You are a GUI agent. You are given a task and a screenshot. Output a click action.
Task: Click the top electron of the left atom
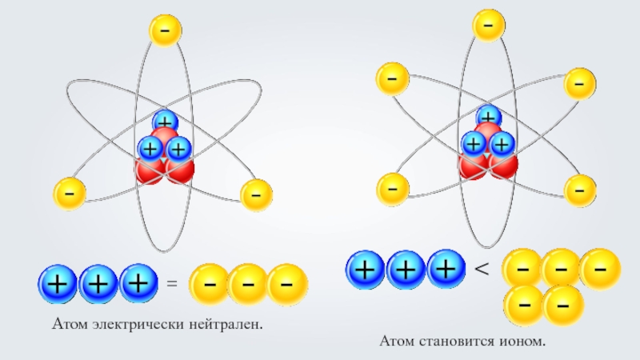(165, 30)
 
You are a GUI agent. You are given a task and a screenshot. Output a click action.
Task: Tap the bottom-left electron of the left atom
(70, 194)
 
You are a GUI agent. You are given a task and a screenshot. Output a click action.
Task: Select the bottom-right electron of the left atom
(256, 194)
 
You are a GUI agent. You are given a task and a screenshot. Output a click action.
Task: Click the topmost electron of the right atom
(487, 25)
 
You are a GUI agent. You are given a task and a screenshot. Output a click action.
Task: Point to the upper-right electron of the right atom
(579, 82)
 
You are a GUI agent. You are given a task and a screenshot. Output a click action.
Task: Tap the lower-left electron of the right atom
(392, 188)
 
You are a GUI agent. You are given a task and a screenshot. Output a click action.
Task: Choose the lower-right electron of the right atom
(579, 190)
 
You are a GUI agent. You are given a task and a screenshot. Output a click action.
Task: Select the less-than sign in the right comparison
(482, 270)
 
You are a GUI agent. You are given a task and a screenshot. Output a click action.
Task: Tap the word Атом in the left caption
(68, 325)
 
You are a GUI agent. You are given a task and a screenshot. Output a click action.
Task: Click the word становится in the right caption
(458, 342)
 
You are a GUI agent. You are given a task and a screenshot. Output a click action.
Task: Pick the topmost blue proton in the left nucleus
(166, 122)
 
